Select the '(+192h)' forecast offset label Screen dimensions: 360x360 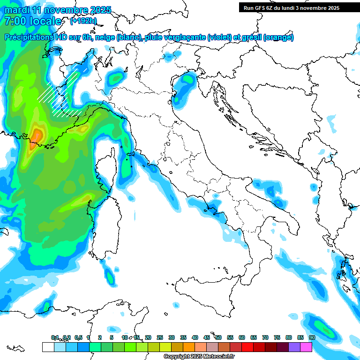point(84,21)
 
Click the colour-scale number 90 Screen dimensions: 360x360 point(312,337)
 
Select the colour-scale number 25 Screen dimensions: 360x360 point(160,337)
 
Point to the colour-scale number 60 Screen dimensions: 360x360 point(242,337)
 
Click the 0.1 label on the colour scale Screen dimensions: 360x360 point(55,337)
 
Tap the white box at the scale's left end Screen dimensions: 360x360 point(48,347)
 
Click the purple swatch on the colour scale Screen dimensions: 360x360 point(295,347)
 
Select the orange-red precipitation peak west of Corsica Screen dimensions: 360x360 point(36,137)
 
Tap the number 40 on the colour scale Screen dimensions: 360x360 point(195,337)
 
